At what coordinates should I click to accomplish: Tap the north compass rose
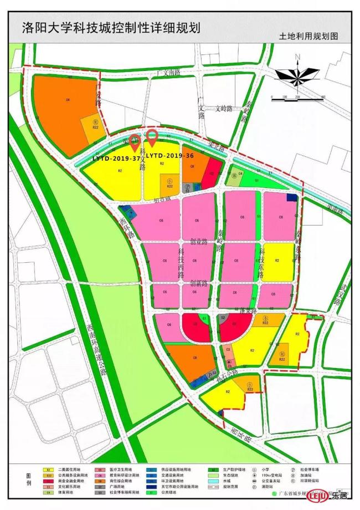(297, 74)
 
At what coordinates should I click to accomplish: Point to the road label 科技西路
(181, 262)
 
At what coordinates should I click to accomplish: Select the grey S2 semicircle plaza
(222, 318)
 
